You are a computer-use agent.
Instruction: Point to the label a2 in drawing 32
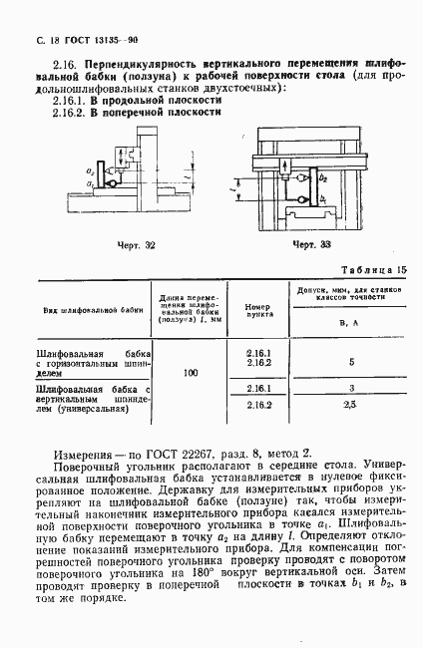coord(91,172)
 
